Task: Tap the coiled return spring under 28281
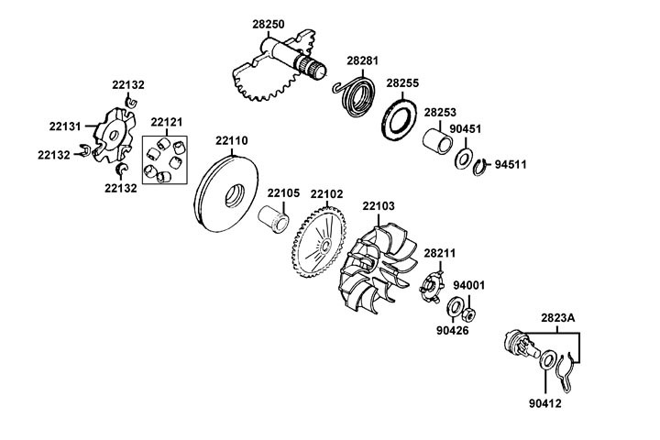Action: [354, 93]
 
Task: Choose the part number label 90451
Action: [464, 130]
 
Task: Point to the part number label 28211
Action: [439, 252]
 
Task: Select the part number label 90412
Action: [544, 401]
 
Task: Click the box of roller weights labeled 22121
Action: [165, 159]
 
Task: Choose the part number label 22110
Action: [231, 141]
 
